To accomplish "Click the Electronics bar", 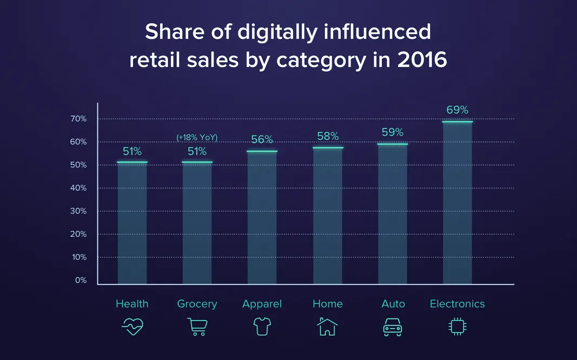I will [x=457, y=203].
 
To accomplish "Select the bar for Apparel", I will [x=262, y=217].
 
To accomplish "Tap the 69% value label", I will [x=457, y=110].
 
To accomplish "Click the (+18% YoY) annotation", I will [x=197, y=138].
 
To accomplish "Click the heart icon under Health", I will [x=132, y=326].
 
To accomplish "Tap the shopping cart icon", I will [x=197, y=326].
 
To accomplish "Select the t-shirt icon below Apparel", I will [x=262, y=326].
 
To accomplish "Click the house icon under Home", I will [x=327, y=326].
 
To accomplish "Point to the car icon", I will [x=393, y=326].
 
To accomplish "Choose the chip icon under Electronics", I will [x=457, y=326].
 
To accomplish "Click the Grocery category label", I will [x=197, y=304].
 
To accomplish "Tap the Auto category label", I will [x=393, y=304].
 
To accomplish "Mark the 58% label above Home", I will [x=328, y=136].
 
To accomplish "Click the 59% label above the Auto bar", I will [x=393, y=132].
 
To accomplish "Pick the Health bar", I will [x=132, y=223].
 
